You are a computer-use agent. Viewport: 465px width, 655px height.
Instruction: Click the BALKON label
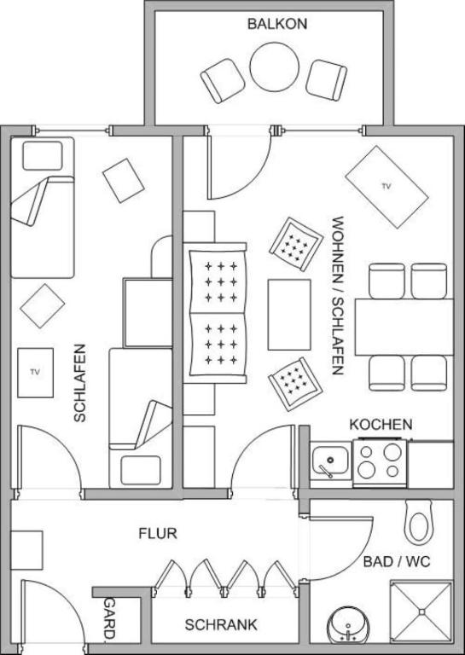(x=277, y=23)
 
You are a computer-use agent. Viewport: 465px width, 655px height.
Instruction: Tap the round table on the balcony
(x=275, y=67)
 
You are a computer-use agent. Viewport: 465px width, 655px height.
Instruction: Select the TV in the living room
(x=387, y=187)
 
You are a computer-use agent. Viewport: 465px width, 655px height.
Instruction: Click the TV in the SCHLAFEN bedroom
(x=35, y=372)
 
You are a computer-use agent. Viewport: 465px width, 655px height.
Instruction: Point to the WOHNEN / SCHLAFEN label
(x=337, y=295)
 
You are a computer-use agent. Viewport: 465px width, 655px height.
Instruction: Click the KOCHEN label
(x=381, y=424)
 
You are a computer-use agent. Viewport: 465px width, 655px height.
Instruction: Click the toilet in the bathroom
(x=419, y=523)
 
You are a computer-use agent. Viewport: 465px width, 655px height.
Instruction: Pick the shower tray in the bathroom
(x=421, y=611)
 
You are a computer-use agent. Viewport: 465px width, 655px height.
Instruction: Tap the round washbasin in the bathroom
(x=348, y=625)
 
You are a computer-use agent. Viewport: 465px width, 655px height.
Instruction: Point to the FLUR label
(x=158, y=534)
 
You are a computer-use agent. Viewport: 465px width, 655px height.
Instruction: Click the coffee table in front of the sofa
(x=289, y=314)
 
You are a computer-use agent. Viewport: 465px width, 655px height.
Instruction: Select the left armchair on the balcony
(x=223, y=81)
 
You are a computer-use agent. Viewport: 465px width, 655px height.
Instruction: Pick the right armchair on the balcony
(x=327, y=79)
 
